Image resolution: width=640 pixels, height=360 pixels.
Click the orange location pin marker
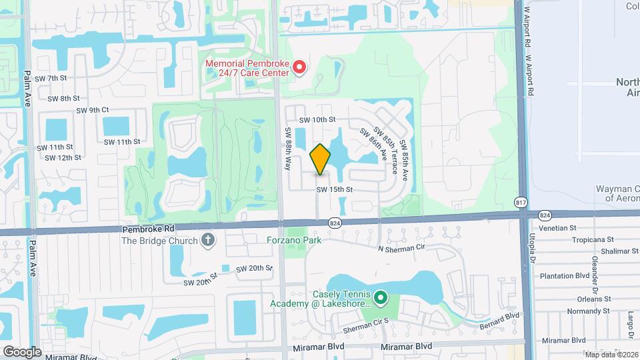click(320, 159)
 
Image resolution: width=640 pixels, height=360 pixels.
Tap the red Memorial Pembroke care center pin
click(299, 67)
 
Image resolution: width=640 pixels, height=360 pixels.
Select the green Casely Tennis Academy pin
click(381, 297)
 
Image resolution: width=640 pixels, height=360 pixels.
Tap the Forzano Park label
click(293, 240)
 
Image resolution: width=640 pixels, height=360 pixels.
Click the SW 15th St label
click(334, 189)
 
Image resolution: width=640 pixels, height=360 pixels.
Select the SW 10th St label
click(316, 120)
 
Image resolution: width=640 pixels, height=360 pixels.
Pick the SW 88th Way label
click(289, 148)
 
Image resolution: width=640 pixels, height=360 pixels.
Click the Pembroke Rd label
click(148, 228)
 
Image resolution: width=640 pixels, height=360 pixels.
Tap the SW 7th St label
click(51, 78)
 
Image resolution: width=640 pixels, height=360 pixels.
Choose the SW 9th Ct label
click(92, 110)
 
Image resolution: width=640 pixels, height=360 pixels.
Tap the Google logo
click(22, 351)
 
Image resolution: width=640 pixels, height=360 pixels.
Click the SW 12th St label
click(63, 158)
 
